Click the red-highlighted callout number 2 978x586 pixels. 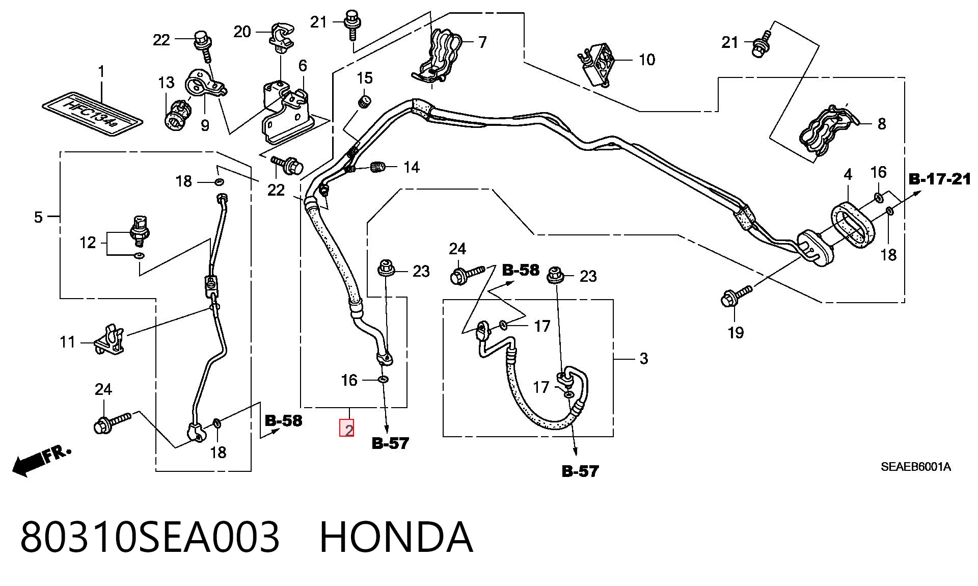click(347, 429)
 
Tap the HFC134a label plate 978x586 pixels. click(92, 115)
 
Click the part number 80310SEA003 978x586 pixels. click(150, 537)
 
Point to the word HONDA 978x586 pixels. click(396, 537)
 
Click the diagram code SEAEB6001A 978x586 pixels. click(916, 467)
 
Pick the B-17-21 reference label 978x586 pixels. click(940, 179)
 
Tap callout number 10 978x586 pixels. click(647, 60)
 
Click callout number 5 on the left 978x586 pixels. click(38, 217)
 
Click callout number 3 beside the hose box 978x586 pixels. click(644, 359)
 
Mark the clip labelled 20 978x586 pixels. click(281, 37)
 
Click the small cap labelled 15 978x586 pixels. click(364, 101)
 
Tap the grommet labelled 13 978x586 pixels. click(177, 114)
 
